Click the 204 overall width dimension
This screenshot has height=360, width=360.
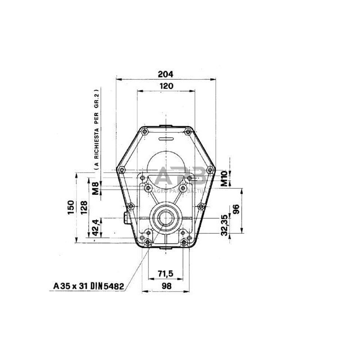166,74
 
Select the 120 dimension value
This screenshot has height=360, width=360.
166,85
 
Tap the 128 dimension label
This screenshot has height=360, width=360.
84,207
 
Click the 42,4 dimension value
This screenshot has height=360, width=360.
95,228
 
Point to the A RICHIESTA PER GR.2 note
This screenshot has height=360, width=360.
96,128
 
